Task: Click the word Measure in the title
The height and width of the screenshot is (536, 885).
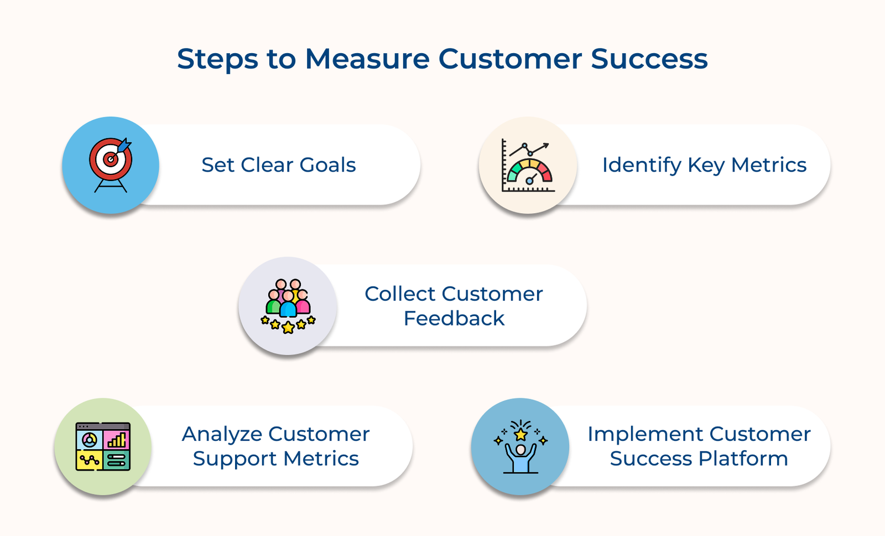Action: pyautogui.click(x=367, y=59)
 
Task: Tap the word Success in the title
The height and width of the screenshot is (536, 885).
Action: pyautogui.click(x=649, y=59)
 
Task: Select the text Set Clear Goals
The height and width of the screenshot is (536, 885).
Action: pyautogui.click(x=278, y=165)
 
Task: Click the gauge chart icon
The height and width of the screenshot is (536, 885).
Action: pyautogui.click(x=528, y=166)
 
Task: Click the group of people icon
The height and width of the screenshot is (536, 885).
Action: pyautogui.click(x=288, y=305)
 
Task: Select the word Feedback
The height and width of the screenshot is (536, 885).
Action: pyautogui.click(x=454, y=318)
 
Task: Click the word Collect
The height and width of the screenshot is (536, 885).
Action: pyautogui.click(x=400, y=294)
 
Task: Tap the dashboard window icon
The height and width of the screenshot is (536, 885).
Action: pyautogui.click(x=103, y=446)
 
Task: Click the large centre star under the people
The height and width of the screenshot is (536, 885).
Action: pyautogui.click(x=288, y=328)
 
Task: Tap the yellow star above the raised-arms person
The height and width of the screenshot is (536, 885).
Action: pyautogui.click(x=520, y=434)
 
